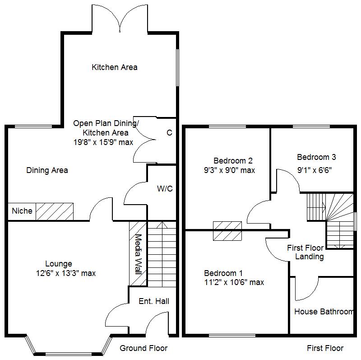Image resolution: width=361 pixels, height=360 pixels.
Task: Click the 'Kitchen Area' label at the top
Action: (115, 67)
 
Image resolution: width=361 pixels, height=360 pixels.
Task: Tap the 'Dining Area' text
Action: (47, 170)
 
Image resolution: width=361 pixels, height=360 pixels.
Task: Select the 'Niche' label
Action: (22, 211)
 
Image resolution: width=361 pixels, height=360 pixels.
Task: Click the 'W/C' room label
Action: (165, 189)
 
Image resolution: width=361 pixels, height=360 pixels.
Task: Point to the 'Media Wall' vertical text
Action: (138, 254)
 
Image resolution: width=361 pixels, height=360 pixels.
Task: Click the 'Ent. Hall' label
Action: (154, 301)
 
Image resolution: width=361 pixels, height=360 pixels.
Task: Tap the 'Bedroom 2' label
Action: (233, 160)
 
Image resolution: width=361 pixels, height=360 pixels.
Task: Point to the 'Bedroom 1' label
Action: (223, 273)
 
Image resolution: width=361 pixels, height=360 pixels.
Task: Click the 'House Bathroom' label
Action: (324, 312)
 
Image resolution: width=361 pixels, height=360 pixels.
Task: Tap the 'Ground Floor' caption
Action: (143, 348)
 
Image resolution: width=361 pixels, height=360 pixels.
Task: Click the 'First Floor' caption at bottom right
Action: (325, 348)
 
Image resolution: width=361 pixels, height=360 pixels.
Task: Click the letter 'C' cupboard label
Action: (169, 133)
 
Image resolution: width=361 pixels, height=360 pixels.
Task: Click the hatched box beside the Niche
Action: (55, 211)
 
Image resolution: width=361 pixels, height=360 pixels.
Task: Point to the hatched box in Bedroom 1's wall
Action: (227, 231)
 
